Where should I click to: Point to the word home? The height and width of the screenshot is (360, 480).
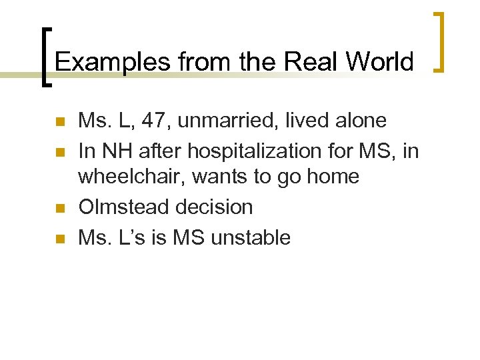[x=330, y=177]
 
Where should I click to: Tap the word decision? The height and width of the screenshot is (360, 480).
[x=215, y=207]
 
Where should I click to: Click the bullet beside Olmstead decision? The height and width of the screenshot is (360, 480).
[x=59, y=208]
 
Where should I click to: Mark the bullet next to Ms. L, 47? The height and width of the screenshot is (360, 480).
[x=59, y=122]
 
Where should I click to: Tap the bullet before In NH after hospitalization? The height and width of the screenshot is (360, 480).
[x=59, y=152]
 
